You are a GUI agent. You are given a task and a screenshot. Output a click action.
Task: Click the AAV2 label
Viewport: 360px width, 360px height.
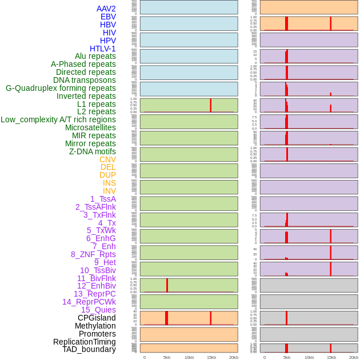point(106,9)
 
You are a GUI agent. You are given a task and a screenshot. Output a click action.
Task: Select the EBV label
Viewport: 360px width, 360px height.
point(108,17)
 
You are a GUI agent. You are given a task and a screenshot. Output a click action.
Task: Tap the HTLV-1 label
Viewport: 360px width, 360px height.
point(102,49)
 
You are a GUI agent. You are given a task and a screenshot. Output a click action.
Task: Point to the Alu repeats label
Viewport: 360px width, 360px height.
point(95,56)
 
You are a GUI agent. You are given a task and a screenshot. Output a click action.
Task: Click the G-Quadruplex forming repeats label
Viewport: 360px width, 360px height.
point(61,88)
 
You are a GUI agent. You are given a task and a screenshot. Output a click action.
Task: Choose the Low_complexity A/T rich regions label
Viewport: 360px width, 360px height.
point(58,119)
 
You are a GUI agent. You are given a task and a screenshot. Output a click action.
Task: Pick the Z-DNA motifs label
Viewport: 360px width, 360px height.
point(92,151)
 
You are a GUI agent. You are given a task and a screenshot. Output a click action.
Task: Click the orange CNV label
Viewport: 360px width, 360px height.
point(107,159)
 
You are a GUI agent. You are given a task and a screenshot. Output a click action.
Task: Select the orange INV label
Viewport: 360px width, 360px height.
point(109,191)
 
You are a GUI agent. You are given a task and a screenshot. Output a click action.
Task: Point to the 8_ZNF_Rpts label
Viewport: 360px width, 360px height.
point(93,254)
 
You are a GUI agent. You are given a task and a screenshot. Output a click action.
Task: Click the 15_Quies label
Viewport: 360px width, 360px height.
point(98,310)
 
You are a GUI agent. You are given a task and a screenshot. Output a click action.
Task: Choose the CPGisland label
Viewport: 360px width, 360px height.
point(97,318)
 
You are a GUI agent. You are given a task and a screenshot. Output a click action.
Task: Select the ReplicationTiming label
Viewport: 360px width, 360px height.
point(85,342)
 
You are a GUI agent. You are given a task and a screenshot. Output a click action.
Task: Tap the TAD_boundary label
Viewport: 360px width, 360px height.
point(89,349)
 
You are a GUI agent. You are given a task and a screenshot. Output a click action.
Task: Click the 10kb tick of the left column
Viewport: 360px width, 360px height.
point(189,357)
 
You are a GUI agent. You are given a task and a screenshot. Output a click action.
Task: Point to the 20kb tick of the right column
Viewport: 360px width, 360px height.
point(354,357)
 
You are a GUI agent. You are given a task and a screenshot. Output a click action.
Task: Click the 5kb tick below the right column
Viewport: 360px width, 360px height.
point(287,357)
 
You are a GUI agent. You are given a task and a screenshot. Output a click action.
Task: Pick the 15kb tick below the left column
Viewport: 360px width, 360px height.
point(211,357)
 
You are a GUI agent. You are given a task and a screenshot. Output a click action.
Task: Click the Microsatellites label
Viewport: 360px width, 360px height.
point(90,127)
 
